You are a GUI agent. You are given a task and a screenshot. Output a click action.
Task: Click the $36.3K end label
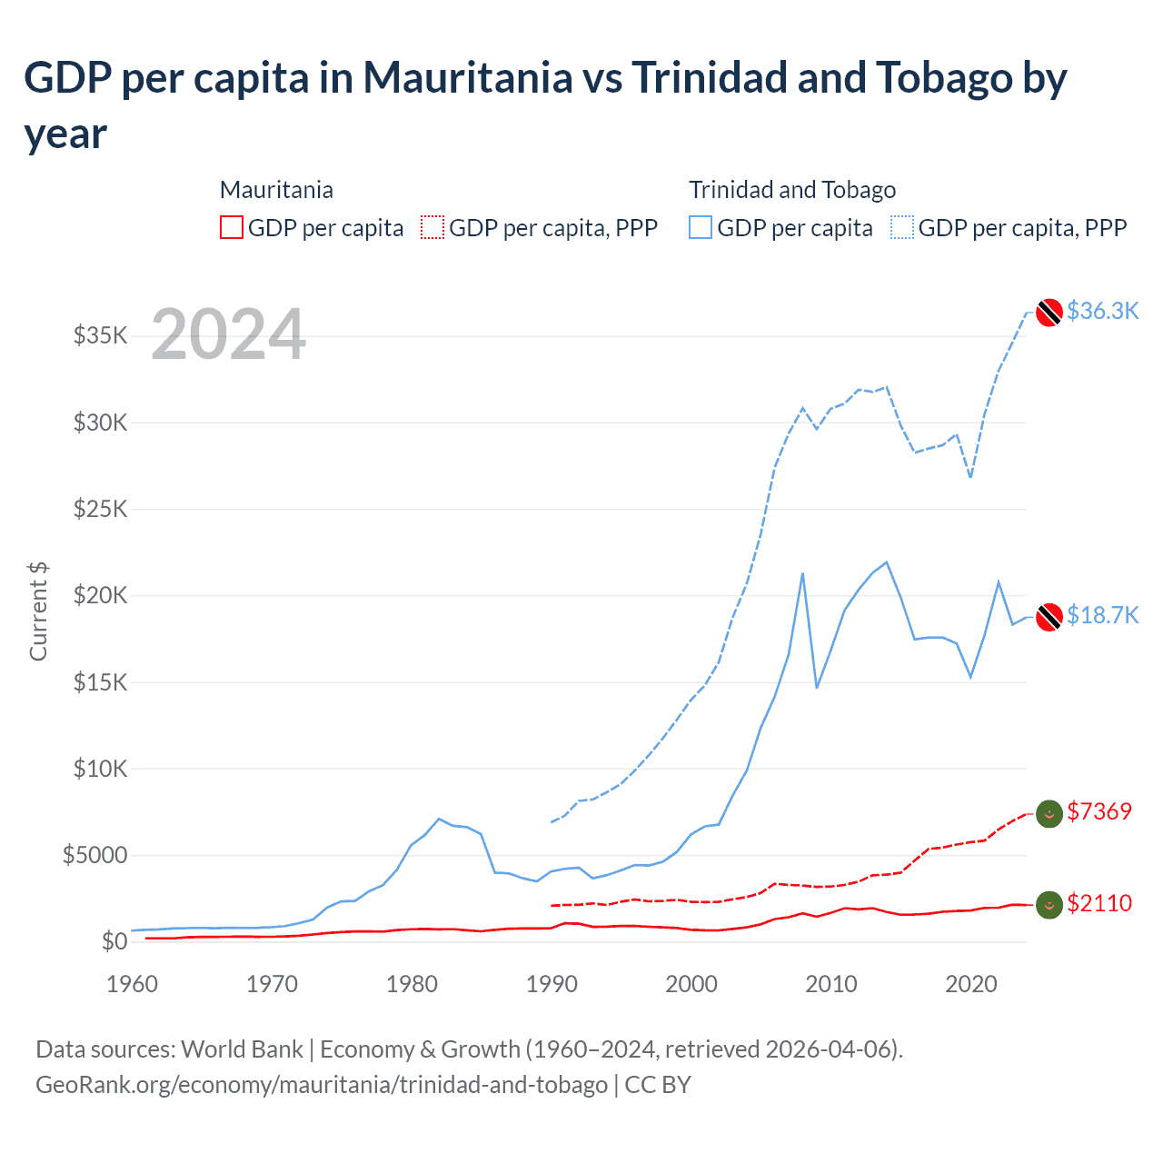click(1102, 311)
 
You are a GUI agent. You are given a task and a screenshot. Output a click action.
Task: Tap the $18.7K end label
click(1102, 615)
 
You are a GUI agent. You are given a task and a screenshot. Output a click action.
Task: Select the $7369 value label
click(1099, 811)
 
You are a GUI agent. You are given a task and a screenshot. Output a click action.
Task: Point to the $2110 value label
click(1099, 903)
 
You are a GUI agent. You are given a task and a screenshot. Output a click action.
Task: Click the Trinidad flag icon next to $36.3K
click(1049, 312)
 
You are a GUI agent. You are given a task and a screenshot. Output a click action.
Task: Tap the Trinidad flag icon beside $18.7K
click(1049, 616)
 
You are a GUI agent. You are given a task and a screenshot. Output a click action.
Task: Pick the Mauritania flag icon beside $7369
click(1049, 813)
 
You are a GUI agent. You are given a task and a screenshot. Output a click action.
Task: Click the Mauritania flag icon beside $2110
click(1049, 904)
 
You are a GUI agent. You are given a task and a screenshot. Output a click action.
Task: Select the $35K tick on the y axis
click(100, 336)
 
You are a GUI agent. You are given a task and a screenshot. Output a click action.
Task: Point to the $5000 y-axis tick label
click(94, 856)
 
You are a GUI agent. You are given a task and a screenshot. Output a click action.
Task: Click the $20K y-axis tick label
click(100, 596)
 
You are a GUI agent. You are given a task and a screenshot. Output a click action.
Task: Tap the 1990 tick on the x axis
click(552, 984)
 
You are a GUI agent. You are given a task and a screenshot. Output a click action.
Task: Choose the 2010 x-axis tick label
click(831, 984)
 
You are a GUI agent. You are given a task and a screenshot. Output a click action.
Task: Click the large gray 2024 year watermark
click(228, 334)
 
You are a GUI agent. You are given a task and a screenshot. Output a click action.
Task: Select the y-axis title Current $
click(38, 611)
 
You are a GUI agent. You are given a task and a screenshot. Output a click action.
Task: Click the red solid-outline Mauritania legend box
click(232, 227)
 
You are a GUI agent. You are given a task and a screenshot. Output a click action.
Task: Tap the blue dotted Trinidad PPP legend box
click(902, 227)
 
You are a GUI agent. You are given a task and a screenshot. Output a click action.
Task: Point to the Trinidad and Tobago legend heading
click(792, 190)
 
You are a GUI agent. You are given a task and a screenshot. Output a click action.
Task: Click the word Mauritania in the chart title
click(468, 78)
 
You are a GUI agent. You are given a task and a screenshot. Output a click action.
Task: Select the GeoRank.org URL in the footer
click(322, 1085)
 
